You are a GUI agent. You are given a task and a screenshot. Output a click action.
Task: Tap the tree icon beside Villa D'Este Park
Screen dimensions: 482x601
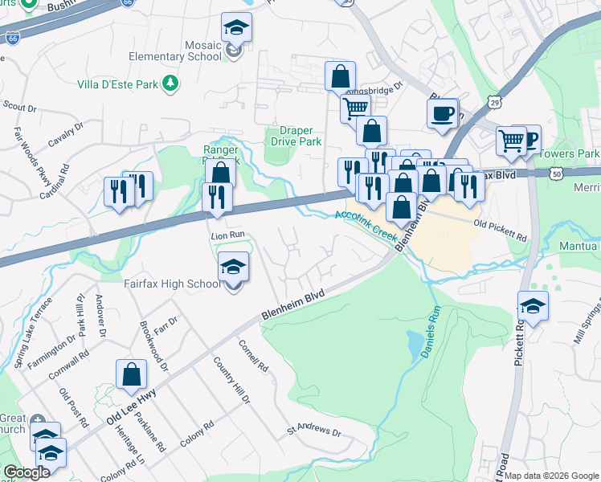(170, 83)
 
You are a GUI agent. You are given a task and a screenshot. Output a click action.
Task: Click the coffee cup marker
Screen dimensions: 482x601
(441, 114)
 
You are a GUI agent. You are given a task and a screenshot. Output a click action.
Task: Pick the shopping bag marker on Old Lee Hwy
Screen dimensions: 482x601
(131, 374)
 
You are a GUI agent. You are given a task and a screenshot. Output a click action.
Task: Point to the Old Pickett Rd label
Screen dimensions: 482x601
(500, 231)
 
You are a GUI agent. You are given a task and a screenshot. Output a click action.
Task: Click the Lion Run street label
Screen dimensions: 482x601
(227, 235)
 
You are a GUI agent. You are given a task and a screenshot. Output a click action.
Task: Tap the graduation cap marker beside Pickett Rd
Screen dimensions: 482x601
(533, 306)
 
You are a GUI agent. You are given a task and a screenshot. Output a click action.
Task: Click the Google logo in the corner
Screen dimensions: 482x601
(27, 472)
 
